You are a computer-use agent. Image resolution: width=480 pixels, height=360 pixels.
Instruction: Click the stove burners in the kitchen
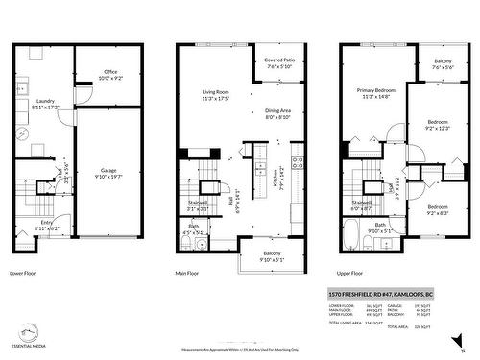(299, 162)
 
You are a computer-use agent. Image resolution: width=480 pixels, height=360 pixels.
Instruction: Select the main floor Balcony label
(270, 254)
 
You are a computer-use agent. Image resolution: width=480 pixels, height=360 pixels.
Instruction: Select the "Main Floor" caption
(189, 272)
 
